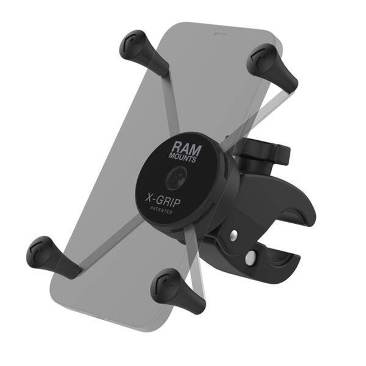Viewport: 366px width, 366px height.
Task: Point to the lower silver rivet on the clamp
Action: coord(250,259)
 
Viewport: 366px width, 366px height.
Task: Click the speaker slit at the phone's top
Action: coord(219,36)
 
